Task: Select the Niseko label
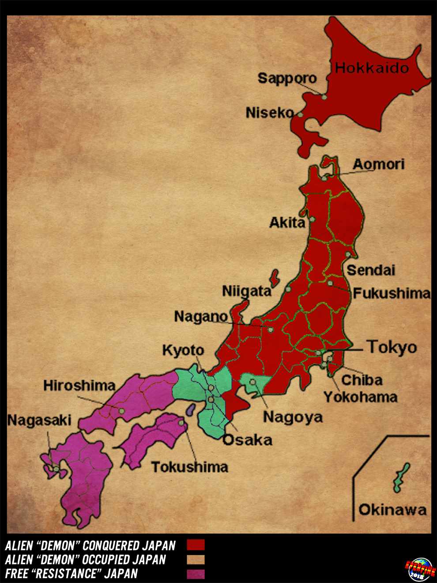[x=269, y=113]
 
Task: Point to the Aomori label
[x=378, y=164]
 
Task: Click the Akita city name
[x=287, y=223]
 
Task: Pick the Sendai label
[x=371, y=270]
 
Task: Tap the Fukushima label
[x=391, y=293]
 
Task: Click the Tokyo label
[x=392, y=347]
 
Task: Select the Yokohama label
[x=361, y=397]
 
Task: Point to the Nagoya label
[x=293, y=416]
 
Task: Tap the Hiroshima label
[x=79, y=386]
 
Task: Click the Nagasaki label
[x=39, y=420]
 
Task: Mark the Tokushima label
[x=189, y=467]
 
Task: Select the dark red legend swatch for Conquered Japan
[x=196, y=545]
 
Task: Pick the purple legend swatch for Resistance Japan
[x=196, y=574]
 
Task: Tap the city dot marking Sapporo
[x=324, y=97]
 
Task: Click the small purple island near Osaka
[x=191, y=409]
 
